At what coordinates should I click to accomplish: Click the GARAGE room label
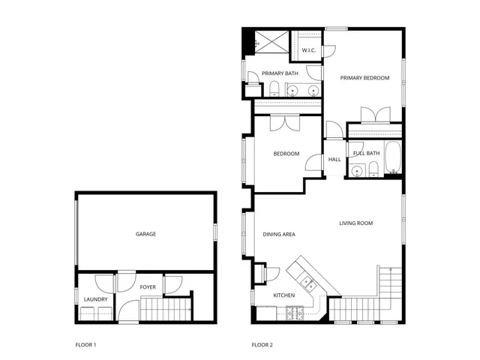point(145,234)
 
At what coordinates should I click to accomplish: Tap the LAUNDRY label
point(95,300)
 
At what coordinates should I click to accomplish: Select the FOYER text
point(148,286)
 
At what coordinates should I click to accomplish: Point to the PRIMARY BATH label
point(280,73)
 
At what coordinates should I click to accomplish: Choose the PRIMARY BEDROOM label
point(364,77)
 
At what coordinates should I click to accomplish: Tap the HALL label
point(334,159)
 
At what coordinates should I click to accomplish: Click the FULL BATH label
point(367,154)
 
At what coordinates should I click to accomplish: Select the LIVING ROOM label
point(355,223)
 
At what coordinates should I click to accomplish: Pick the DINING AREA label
point(278,235)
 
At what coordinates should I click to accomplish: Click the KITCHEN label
point(283,295)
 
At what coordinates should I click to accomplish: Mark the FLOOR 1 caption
point(86,345)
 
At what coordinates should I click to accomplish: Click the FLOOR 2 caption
point(262,345)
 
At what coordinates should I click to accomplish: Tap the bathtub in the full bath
point(391,150)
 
